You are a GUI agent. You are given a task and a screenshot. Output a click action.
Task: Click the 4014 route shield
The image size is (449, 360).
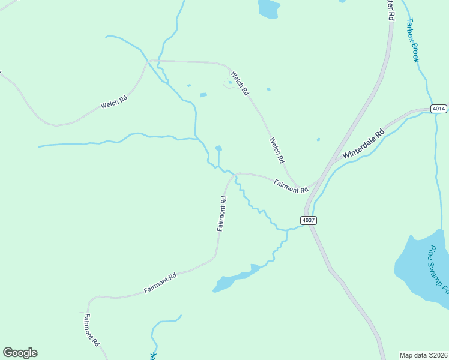(x=439, y=109)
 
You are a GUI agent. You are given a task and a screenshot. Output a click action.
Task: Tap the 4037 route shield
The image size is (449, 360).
(x=308, y=220)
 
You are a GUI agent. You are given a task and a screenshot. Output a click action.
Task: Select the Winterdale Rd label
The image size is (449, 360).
(x=363, y=145)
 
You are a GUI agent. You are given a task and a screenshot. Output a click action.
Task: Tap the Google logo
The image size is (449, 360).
(x=20, y=353)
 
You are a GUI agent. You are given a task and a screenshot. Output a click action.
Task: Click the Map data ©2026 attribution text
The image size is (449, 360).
(x=423, y=355)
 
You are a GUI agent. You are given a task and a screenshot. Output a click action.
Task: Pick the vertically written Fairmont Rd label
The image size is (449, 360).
(x=221, y=214)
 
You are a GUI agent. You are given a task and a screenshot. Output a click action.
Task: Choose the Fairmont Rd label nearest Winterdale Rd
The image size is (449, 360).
(x=290, y=186)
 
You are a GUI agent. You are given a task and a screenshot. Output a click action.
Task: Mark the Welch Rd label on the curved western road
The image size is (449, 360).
(x=114, y=103)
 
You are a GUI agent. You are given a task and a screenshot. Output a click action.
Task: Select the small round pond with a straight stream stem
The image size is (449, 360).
(x=218, y=148)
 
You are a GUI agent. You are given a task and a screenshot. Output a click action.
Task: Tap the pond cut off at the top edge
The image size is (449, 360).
(x=268, y=7)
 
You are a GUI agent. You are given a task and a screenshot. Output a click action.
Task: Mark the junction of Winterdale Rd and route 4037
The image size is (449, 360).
(x=330, y=163)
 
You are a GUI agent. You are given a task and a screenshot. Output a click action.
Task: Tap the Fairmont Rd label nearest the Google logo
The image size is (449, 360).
(x=91, y=330)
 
